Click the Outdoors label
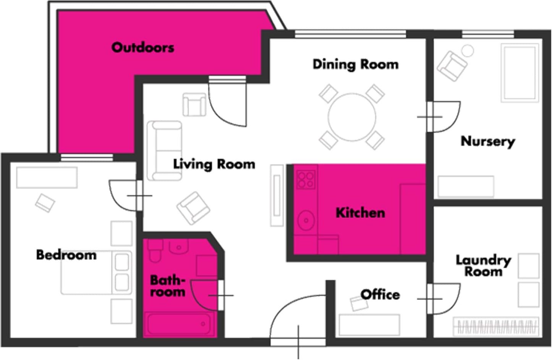click(x=143, y=47)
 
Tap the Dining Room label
click(x=356, y=65)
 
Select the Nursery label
click(x=488, y=142)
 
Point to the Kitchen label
click(x=360, y=213)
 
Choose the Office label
click(x=380, y=294)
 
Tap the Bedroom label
click(x=66, y=255)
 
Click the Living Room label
click(x=214, y=164)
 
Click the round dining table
click(x=352, y=117)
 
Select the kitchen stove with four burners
click(x=306, y=180)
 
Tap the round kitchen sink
click(x=306, y=220)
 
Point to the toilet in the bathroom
click(x=155, y=250)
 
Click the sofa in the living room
click(x=164, y=151)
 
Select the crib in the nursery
click(x=520, y=73)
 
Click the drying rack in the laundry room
click(x=496, y=326)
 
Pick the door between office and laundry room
click(x=444, y=299)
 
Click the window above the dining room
click(x=350, y=34)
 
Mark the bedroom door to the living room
click(x=126, y=196)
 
